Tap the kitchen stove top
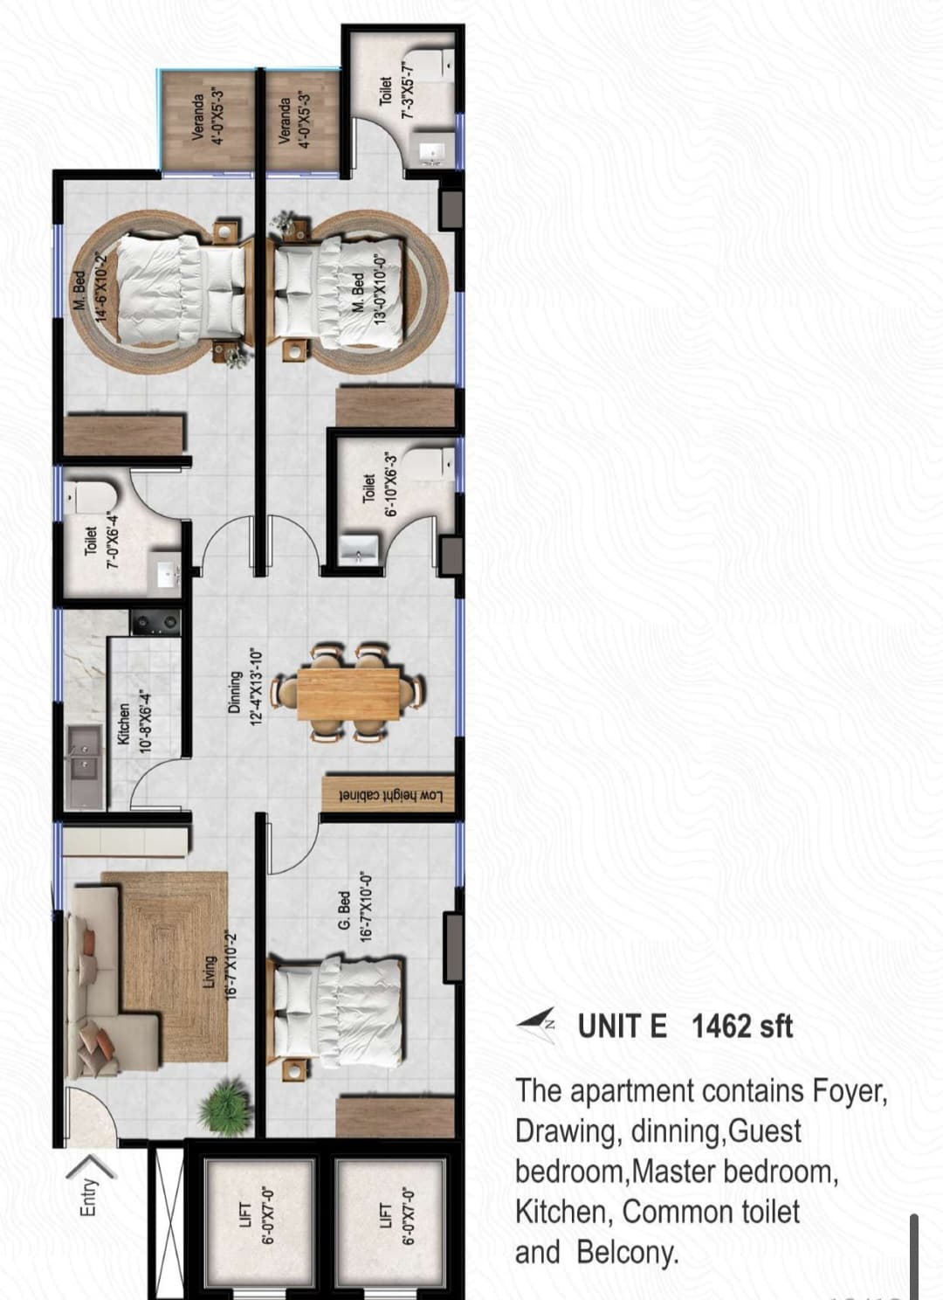coord(155,623)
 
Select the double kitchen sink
coord(84,766)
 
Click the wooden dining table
coord(348,694)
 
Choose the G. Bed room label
coord(344,909)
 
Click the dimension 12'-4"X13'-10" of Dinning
coord(258,688)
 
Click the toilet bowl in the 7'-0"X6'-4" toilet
coord(91,499)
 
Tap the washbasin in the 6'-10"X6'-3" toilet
coord(359,549)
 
